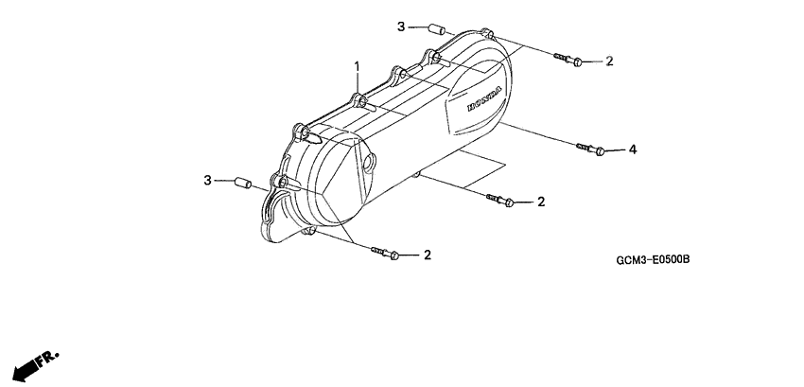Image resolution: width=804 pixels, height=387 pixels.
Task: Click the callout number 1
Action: tap(358, 66)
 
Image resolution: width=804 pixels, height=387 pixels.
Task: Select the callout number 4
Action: tap(633, 150)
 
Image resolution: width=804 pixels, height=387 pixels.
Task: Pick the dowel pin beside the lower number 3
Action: tap(240, 181)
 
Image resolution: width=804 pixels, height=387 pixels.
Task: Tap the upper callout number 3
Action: tap(401, 26)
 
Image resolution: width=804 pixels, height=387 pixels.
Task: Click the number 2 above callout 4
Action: tap(609, 62)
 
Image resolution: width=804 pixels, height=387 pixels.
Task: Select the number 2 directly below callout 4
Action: tap(541, 202)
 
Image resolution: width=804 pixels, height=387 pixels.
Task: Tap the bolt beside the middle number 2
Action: tap(500, 200)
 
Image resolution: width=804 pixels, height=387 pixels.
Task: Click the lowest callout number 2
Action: tap(428, 255)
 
